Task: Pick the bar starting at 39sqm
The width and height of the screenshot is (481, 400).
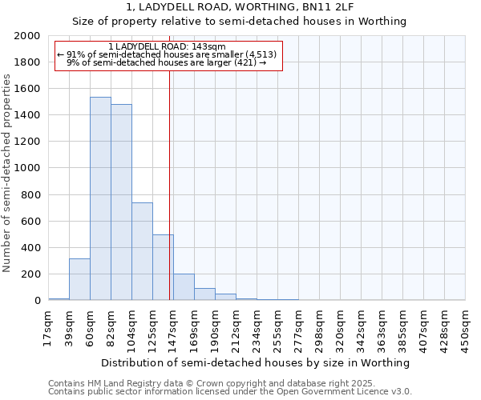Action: [x=79, y=279]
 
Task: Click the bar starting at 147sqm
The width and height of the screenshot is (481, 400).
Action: [x=184, y=287]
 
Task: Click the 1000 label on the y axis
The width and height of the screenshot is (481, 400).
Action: [x=30, y=169]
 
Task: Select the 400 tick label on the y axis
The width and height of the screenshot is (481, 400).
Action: [x=33, y=248]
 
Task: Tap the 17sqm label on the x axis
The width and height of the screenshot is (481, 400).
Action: [x=48, y=329]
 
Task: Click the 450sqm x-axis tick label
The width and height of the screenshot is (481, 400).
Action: [x=466, y=329]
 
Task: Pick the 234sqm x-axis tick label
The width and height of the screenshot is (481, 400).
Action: [x=257, y=329]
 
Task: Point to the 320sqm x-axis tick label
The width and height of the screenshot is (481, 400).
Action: [x=341, y=329]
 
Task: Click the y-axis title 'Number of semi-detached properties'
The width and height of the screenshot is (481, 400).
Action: [x=8, y=173]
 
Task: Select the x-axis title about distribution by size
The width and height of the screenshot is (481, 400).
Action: [x=257, y=362]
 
